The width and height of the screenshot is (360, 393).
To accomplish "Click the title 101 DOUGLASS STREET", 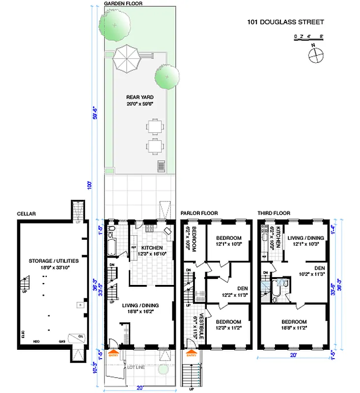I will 285,22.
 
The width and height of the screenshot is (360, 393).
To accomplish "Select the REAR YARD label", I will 137,97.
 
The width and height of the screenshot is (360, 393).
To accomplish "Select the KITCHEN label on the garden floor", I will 152,248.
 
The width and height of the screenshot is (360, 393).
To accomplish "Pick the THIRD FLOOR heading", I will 274,213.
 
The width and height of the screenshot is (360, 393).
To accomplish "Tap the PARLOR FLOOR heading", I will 198,213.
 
